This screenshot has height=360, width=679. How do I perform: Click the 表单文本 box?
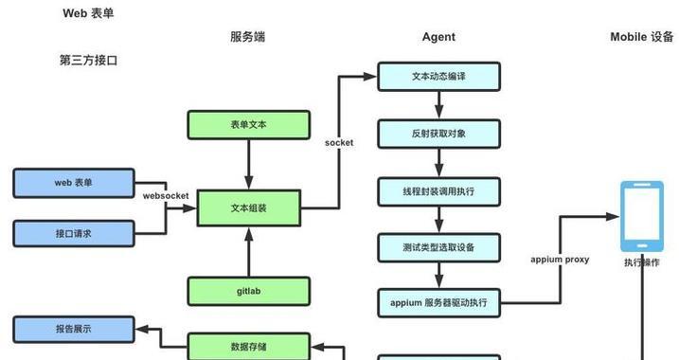249,124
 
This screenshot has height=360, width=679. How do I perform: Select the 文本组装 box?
249,207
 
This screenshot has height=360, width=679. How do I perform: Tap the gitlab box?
249,291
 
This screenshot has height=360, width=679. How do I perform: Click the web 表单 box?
73,182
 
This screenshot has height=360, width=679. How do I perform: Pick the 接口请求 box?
73,233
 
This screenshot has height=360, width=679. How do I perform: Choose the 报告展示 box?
73,330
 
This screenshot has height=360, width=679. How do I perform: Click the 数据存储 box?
249,346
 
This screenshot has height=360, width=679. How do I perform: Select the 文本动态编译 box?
438,77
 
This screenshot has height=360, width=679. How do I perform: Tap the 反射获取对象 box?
438,133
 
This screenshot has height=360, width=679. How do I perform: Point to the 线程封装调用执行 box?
438,191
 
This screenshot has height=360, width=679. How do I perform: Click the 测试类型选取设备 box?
438,247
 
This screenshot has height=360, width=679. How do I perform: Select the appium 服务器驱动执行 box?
438,303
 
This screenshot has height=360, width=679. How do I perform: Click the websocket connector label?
166,196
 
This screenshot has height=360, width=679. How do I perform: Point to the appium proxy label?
560,259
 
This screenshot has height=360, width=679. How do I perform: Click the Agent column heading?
438,37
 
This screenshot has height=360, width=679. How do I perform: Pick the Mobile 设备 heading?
641,37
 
